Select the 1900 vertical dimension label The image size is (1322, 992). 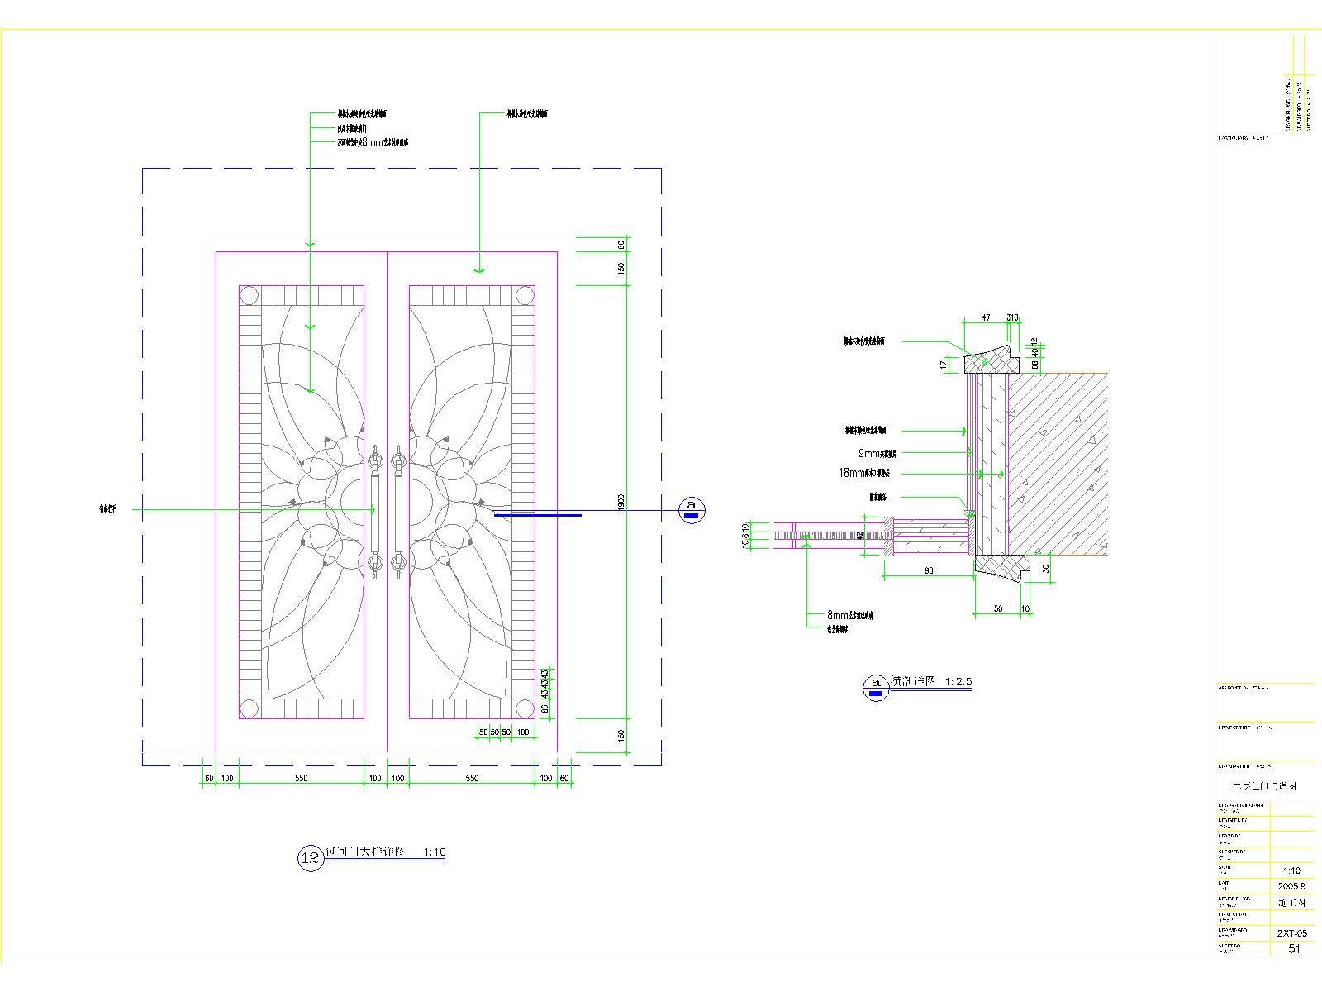point(621,502)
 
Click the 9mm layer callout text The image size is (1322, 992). point(877,453)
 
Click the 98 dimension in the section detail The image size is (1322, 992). point(929,570)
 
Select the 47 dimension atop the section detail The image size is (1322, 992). point(985,317)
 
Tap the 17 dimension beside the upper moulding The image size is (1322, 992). point(944,364)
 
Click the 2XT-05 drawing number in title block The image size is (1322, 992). point(1291,932)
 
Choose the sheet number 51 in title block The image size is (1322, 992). point(1294,949)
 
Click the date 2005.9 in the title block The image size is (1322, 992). point(1291,885)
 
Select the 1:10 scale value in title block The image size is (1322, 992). point(1291,870)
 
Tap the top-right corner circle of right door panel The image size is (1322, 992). point(524,296)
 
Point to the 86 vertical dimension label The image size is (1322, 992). point(544,708)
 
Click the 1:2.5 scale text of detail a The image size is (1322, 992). point(953,682)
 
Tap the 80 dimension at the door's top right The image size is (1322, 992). point(621,245)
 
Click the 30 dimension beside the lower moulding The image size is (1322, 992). point(1045,569)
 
